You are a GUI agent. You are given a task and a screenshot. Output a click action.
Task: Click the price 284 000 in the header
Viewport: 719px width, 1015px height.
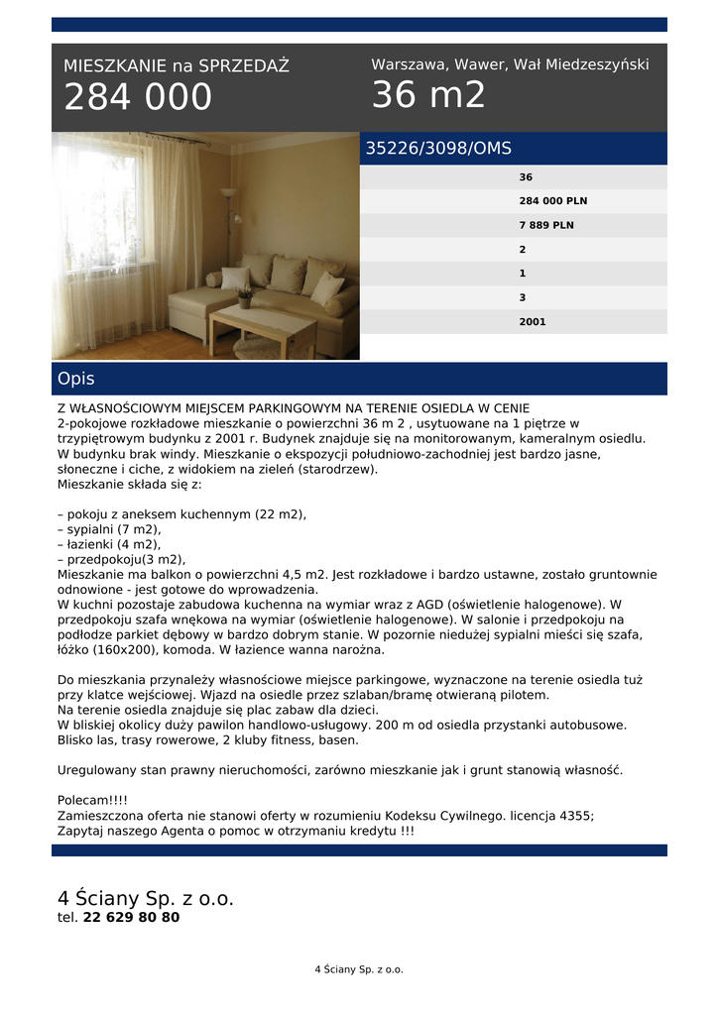[x=138, y=98]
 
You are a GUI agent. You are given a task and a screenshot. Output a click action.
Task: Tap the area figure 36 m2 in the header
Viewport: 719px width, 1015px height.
[x=428, y=95]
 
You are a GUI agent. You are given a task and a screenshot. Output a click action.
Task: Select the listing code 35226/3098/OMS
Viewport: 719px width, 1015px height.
[x=438, y=149]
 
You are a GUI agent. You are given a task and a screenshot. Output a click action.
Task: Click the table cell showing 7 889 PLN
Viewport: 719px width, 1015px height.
[x=545, y=225]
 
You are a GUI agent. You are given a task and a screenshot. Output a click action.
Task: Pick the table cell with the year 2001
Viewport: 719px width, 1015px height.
[x=532, y=321]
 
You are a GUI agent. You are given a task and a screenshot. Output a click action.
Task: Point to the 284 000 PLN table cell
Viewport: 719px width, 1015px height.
[x=552, y=201]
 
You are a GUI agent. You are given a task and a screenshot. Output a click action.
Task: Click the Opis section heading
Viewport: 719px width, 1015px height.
[x=76, y=379]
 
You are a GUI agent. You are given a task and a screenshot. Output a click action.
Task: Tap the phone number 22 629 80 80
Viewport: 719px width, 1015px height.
[x=131, y=918]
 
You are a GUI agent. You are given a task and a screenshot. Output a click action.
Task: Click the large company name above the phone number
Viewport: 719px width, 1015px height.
[x=146, y=899]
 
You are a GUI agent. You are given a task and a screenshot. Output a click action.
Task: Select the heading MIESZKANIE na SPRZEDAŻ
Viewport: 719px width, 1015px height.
[x=177, y=66]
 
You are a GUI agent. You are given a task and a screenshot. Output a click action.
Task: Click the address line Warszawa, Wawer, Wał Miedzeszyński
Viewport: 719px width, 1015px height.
[x=510, y=64]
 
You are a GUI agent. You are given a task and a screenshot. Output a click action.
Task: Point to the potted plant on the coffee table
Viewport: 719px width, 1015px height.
[x=245, y=297]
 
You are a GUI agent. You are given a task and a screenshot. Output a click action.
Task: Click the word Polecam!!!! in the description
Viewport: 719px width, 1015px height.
[x=92, y=800]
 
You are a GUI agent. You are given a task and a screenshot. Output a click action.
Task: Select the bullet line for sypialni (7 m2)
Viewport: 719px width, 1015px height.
[x=109, y=529]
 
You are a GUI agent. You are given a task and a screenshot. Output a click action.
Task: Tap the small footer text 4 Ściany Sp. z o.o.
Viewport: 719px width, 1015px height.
[x=359, y=969]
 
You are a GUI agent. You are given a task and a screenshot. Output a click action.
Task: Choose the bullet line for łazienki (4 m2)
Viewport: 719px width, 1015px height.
[x=109, y=544]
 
